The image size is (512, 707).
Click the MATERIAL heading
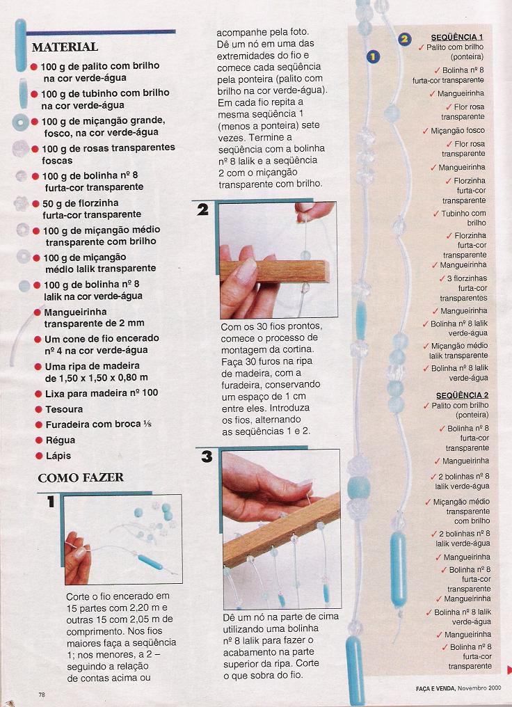click(x=65, y=47)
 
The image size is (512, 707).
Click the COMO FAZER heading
click(x=81, y=477)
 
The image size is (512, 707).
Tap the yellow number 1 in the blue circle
click(x=373, y=56)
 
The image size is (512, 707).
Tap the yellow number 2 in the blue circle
click(x=404, y=39)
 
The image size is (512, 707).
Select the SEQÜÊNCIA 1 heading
click(x=457, y=38)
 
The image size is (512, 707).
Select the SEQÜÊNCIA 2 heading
click(x=462, y=395)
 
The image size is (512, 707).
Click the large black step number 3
click(x=207, y=456)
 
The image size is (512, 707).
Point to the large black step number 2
click(x=203, y=209)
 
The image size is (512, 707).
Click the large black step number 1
click(x=51, y=501)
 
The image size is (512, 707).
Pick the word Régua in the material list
click(x=61, y=440)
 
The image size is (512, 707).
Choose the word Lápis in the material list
click(x=58, y=456)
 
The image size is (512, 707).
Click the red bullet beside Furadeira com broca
click(x=39, y=424)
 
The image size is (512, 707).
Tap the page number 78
click(x=42, y=695)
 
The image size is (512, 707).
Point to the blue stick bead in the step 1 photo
click(x=150, y=562)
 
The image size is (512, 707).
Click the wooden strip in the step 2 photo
click(x=275, y=271)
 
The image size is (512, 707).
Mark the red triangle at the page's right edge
click(x=509, y=669)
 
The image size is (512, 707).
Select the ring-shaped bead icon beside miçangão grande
click(x=20, y=122)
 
